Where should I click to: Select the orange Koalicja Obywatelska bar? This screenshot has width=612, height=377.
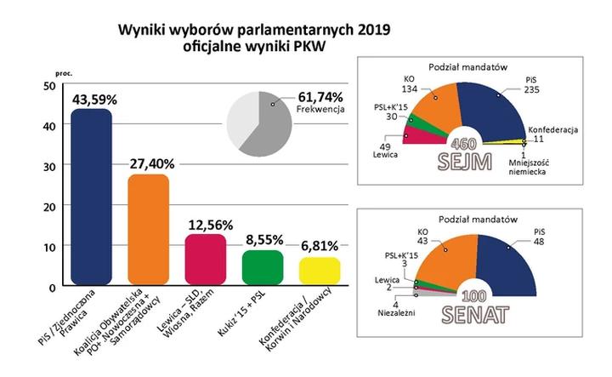pos(149,231)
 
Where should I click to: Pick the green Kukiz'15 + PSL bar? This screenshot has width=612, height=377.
pos(263,268)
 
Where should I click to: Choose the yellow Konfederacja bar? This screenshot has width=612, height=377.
pos(320,271)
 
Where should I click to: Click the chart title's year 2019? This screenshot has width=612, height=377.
pos(375,33)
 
